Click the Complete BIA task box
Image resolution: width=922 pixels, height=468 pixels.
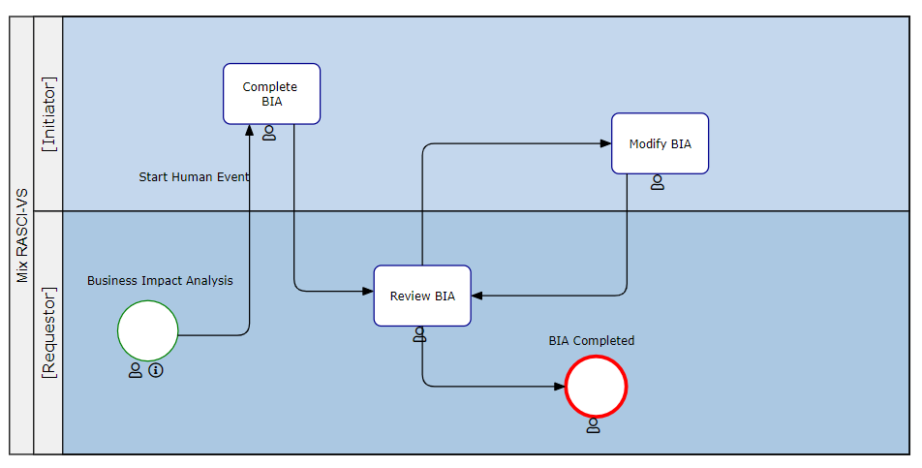coord(271,94)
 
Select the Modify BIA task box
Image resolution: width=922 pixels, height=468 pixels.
coord(660,143)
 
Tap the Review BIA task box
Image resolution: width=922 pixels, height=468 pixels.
coord(422,296)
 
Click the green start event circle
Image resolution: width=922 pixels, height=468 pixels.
coord(148,330)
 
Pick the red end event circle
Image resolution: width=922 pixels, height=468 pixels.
coord(597,387)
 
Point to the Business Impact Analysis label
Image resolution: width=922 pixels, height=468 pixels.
coord(160,281)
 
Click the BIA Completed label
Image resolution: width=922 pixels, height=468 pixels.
coord(591,341)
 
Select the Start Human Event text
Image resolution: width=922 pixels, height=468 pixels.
coord(194,177)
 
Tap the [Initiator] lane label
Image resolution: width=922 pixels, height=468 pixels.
coord(48,113)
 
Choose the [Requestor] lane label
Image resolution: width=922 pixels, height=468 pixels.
coord(48,332)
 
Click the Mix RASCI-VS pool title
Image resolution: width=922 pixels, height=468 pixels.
coord(21,235)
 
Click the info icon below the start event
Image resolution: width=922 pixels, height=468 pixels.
coord(156,370)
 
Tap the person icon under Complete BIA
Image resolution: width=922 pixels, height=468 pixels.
coord(269,133)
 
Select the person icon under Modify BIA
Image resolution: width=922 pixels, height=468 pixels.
coord(658,182)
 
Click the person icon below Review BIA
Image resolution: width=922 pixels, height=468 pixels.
coord(419,334)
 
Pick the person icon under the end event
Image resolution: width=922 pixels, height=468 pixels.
coord(594,425)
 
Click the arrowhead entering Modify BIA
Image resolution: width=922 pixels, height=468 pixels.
coord(605,143)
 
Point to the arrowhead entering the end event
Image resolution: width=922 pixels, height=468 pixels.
coord(559,387)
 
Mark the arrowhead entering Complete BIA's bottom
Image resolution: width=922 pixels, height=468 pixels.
coord(250,130)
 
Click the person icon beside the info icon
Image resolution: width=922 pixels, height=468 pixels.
coord(136,370)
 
